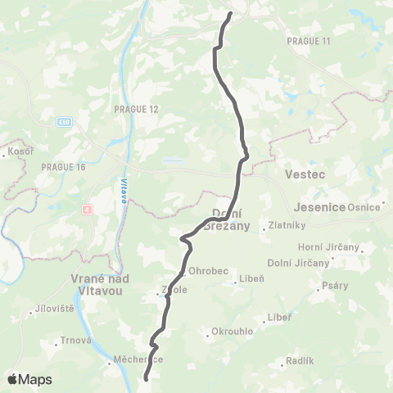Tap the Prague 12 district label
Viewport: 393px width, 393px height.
coord(132,108)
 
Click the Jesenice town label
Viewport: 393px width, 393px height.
coord(315,207)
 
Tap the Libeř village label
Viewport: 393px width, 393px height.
coord(279,318)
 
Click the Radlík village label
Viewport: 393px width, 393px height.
coord(297,361)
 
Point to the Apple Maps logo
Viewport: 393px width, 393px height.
coord(29,379)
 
